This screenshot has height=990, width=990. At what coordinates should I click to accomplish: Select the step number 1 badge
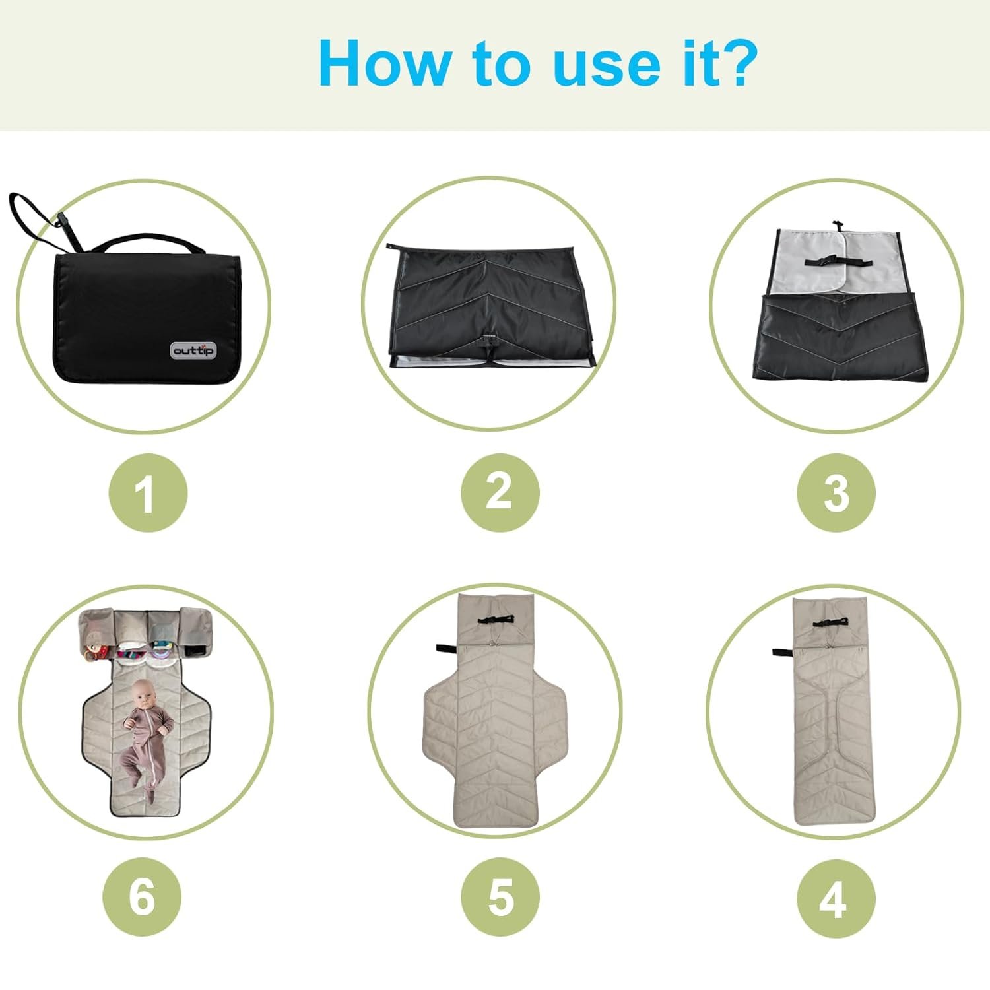click(x=148, y=492)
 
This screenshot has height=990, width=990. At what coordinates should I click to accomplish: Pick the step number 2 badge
click(x=500, y=492)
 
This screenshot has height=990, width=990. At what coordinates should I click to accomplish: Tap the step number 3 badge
click(x=836, y=492)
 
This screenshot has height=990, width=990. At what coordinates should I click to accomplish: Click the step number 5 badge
click(x=500, y=898)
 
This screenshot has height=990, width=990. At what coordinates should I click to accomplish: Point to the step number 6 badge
click(x=142, y=898)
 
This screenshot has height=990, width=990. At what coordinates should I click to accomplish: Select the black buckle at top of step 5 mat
click(x=497, y=619)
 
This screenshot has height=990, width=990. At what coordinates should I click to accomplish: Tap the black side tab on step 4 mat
click(x=783, y=653)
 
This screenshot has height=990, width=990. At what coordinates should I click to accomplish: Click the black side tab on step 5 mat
click(x=445, y=648)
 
